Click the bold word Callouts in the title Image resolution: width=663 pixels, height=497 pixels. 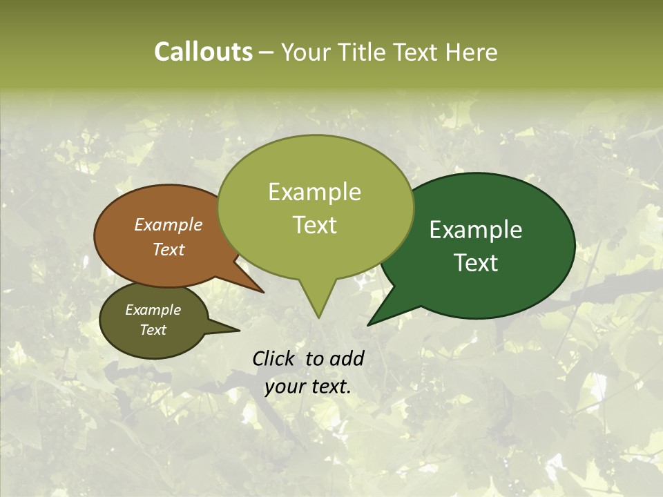(203, 52)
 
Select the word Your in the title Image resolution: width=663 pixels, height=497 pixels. (306, 52)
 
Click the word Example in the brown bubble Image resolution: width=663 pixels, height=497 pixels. (168, 225)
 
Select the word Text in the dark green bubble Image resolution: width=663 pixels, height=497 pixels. (476, 263)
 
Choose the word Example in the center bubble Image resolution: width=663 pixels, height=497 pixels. (314, 192)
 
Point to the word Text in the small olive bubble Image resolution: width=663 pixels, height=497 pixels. (153, 330)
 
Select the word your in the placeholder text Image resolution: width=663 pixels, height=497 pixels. (285, 387)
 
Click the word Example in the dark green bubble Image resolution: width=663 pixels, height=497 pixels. (476, 230)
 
